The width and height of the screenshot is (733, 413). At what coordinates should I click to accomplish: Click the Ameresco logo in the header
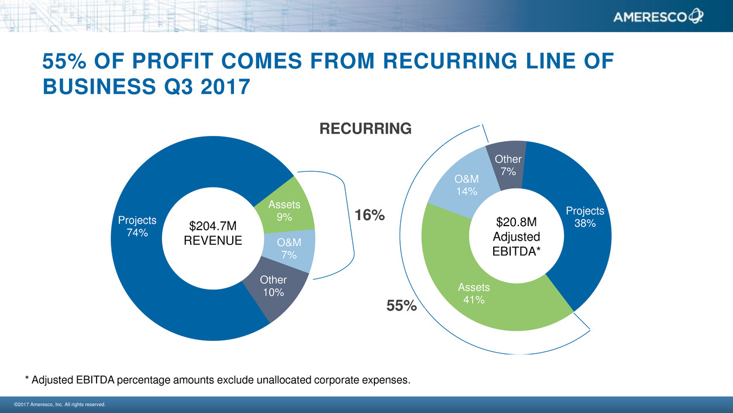658,18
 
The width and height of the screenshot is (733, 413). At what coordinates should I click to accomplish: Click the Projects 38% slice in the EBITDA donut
585,217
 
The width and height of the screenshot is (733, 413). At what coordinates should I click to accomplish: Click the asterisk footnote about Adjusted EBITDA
218,380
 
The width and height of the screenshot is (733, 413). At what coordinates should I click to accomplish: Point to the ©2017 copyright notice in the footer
59,404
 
